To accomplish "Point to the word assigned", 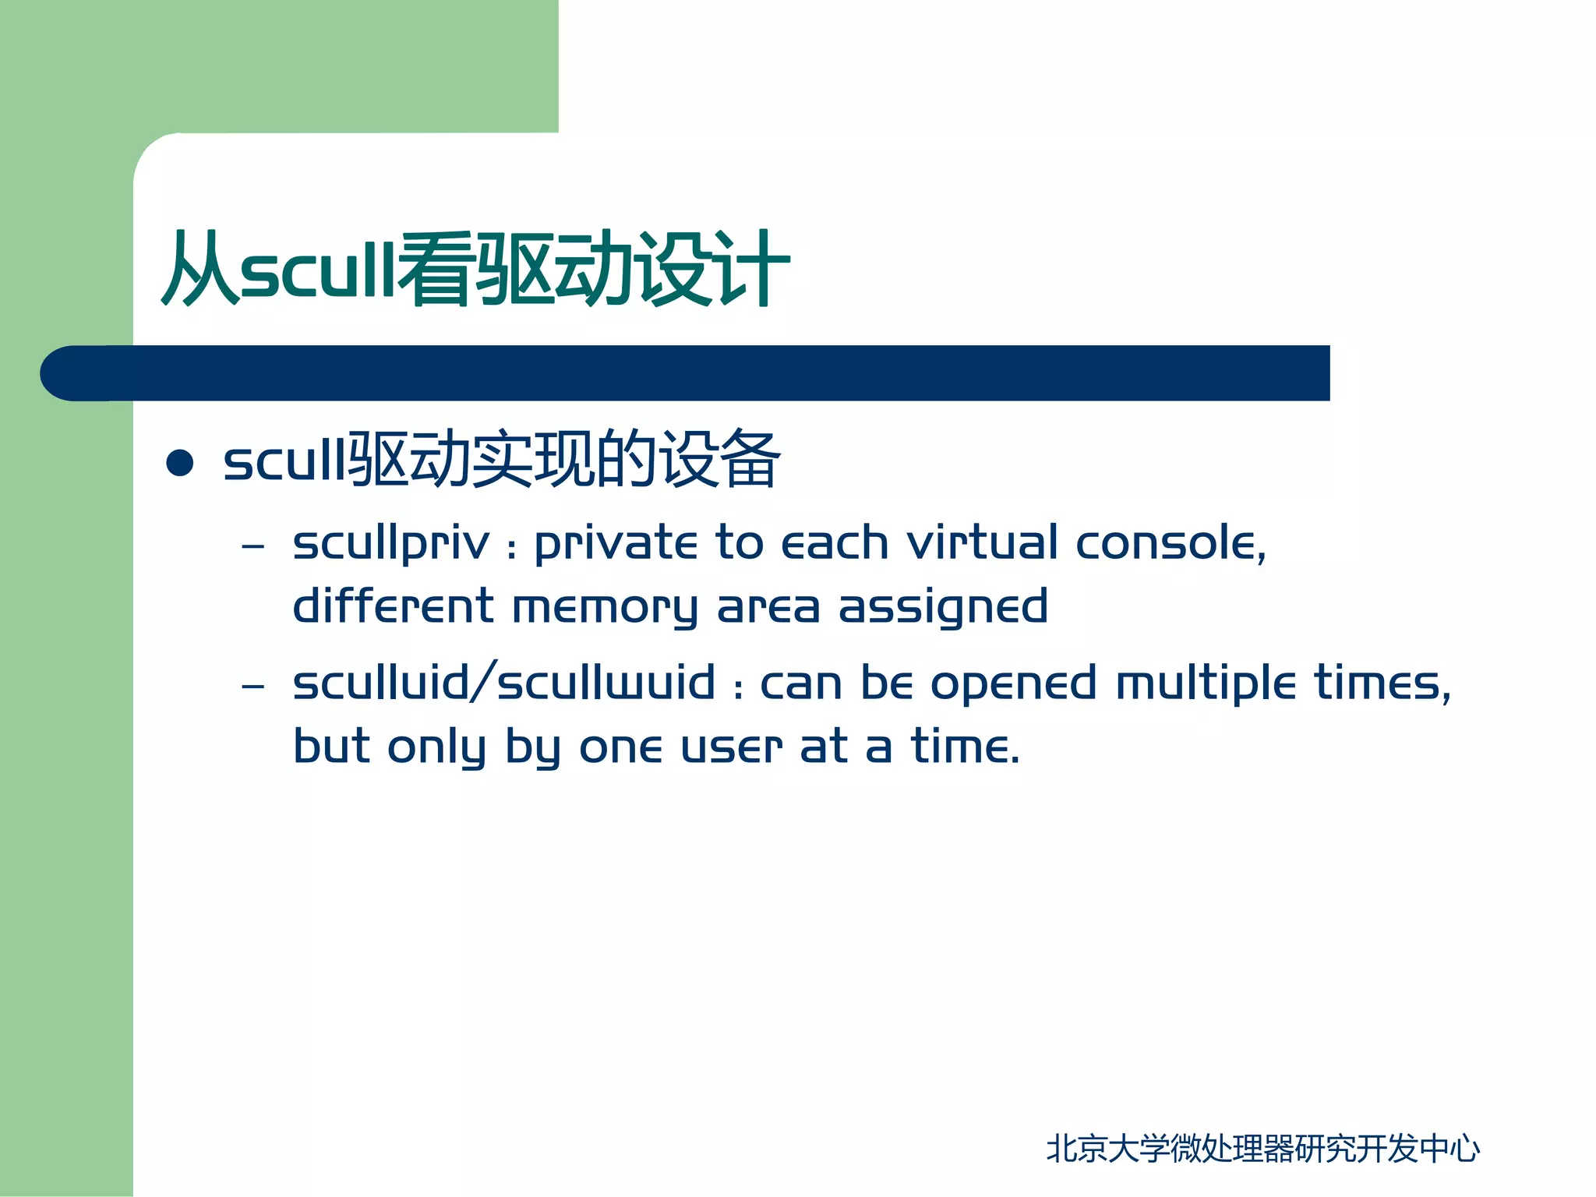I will click(942, 608).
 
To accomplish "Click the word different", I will click(393, 606).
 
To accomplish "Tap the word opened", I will click(1013, 684).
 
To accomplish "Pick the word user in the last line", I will click(731, 747).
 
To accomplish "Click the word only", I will click(436, 748).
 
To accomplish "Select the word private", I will click(616, 544).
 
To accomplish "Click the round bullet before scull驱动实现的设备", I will click(180, 462).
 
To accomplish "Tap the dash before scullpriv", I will click(253, 546).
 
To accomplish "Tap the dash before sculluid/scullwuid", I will click(253, 687).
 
